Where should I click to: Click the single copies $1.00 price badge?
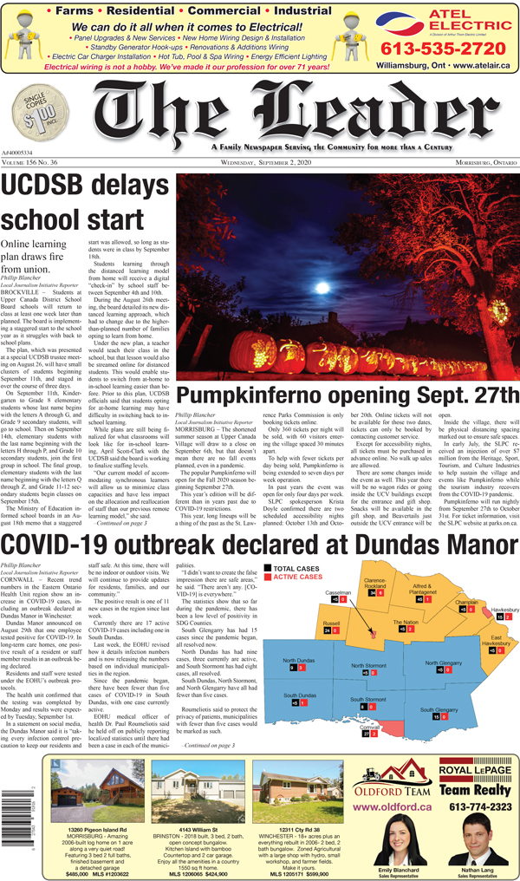point(33,114)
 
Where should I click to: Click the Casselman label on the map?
point(338,544)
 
